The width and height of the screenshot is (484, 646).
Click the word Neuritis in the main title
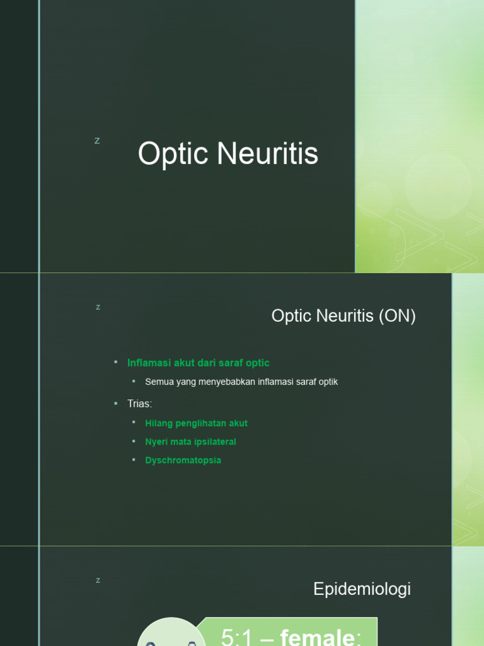[x=268, y=155]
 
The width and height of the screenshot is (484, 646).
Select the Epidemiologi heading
[x=362, y=589]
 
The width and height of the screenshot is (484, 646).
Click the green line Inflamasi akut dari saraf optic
[x=198, y=363]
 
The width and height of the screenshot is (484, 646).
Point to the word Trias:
[x=140, y=404]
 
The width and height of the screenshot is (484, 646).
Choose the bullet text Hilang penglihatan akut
[x=196, y=423]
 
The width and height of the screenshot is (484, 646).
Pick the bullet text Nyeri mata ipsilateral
[x=190, y=442]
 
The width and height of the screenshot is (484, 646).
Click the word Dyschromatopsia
[x=183, y=461]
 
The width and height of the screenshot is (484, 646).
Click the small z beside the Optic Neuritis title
[x=97, y=141]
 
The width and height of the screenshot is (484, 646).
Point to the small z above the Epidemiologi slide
[x=98, y=580]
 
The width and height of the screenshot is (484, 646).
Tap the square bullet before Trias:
[x=116, y=403]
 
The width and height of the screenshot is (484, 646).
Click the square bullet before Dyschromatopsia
[x=134, y=460]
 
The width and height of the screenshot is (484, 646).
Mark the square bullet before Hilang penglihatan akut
[x=134, y=423]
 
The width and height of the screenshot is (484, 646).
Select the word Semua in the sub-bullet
[x=158, y=382]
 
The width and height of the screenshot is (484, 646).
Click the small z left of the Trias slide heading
[x=98, y=307]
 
